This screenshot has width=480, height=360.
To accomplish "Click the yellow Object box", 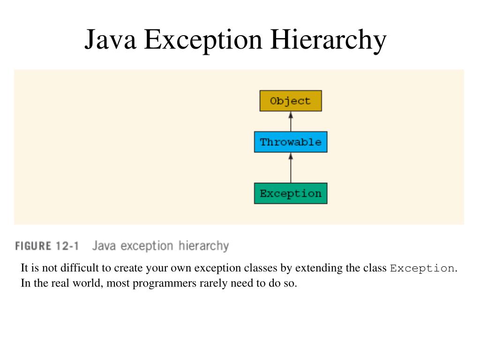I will click(x=291, y=101).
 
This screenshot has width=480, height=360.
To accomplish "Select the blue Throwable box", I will click(x=291, y=142).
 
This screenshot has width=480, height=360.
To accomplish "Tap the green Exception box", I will click(x=291, y=194).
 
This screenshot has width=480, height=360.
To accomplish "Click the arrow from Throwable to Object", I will click(x=291, y=121).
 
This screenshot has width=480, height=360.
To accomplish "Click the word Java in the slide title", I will click(x=111, y=40).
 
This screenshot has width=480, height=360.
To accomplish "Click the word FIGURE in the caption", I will click(x=33, y=246).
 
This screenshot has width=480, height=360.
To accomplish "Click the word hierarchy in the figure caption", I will click(x=204, y=246).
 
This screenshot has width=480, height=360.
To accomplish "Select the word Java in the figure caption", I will click(x=104, y=246).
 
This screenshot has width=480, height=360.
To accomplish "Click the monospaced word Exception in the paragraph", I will click(x=422, y=269).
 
